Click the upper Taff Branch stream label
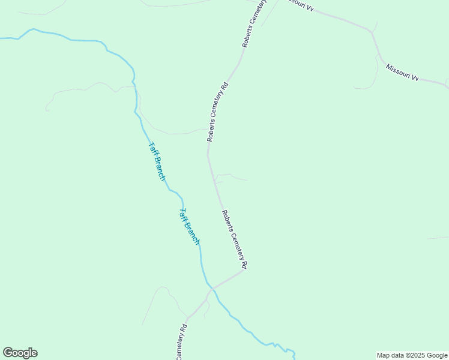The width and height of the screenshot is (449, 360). (x=157, y=161)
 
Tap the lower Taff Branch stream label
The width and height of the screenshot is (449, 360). (x=190, y=226)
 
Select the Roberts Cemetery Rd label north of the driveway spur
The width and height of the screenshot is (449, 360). (x=218, y=112)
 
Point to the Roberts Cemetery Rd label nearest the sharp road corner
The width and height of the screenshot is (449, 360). (x=234, y=239)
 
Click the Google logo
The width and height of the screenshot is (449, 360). (x=20, y=353)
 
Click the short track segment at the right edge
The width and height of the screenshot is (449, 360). (x=438, y=238)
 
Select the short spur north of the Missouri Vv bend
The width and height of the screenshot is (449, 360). (x=375, y=26)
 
